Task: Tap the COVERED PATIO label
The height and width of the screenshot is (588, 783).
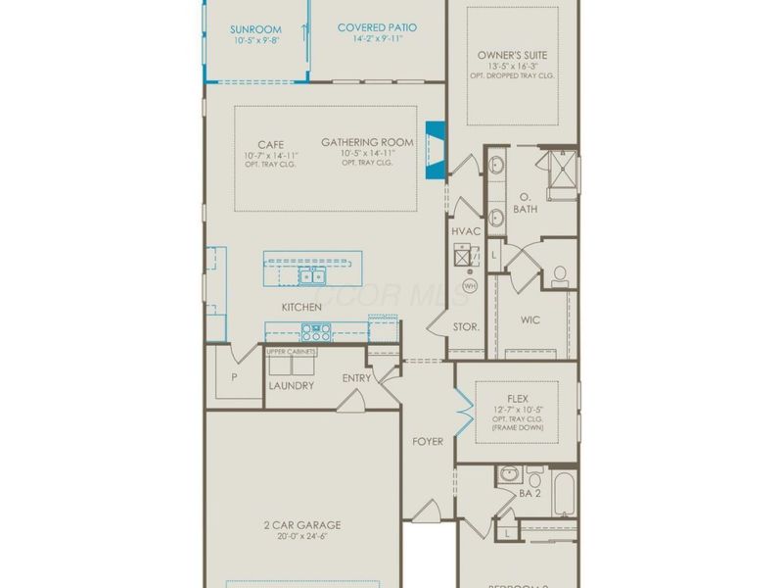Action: tap(377, 27)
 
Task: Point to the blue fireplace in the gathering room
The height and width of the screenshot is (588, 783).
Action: tap(436, 150)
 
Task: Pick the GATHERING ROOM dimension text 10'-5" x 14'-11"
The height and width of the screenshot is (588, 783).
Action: tap(367, 154)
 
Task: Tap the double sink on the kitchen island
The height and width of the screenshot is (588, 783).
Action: tap(312, 277)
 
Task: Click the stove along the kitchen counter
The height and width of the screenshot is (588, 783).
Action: tap(311, 332)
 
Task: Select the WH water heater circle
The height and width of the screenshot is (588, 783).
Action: tap(469, 285)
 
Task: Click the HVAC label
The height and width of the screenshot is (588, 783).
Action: tap(466, 231)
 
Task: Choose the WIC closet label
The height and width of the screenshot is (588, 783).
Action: tap(530, 319)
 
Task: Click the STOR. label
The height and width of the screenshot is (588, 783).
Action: tap(466, 326)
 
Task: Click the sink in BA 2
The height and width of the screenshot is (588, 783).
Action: tap(509, 474)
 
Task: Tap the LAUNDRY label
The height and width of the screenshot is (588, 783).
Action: tap(292, 385)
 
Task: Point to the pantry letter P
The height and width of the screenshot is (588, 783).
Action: tap(234, 376)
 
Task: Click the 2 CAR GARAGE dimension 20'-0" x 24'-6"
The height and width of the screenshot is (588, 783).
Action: tap(302, 538)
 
